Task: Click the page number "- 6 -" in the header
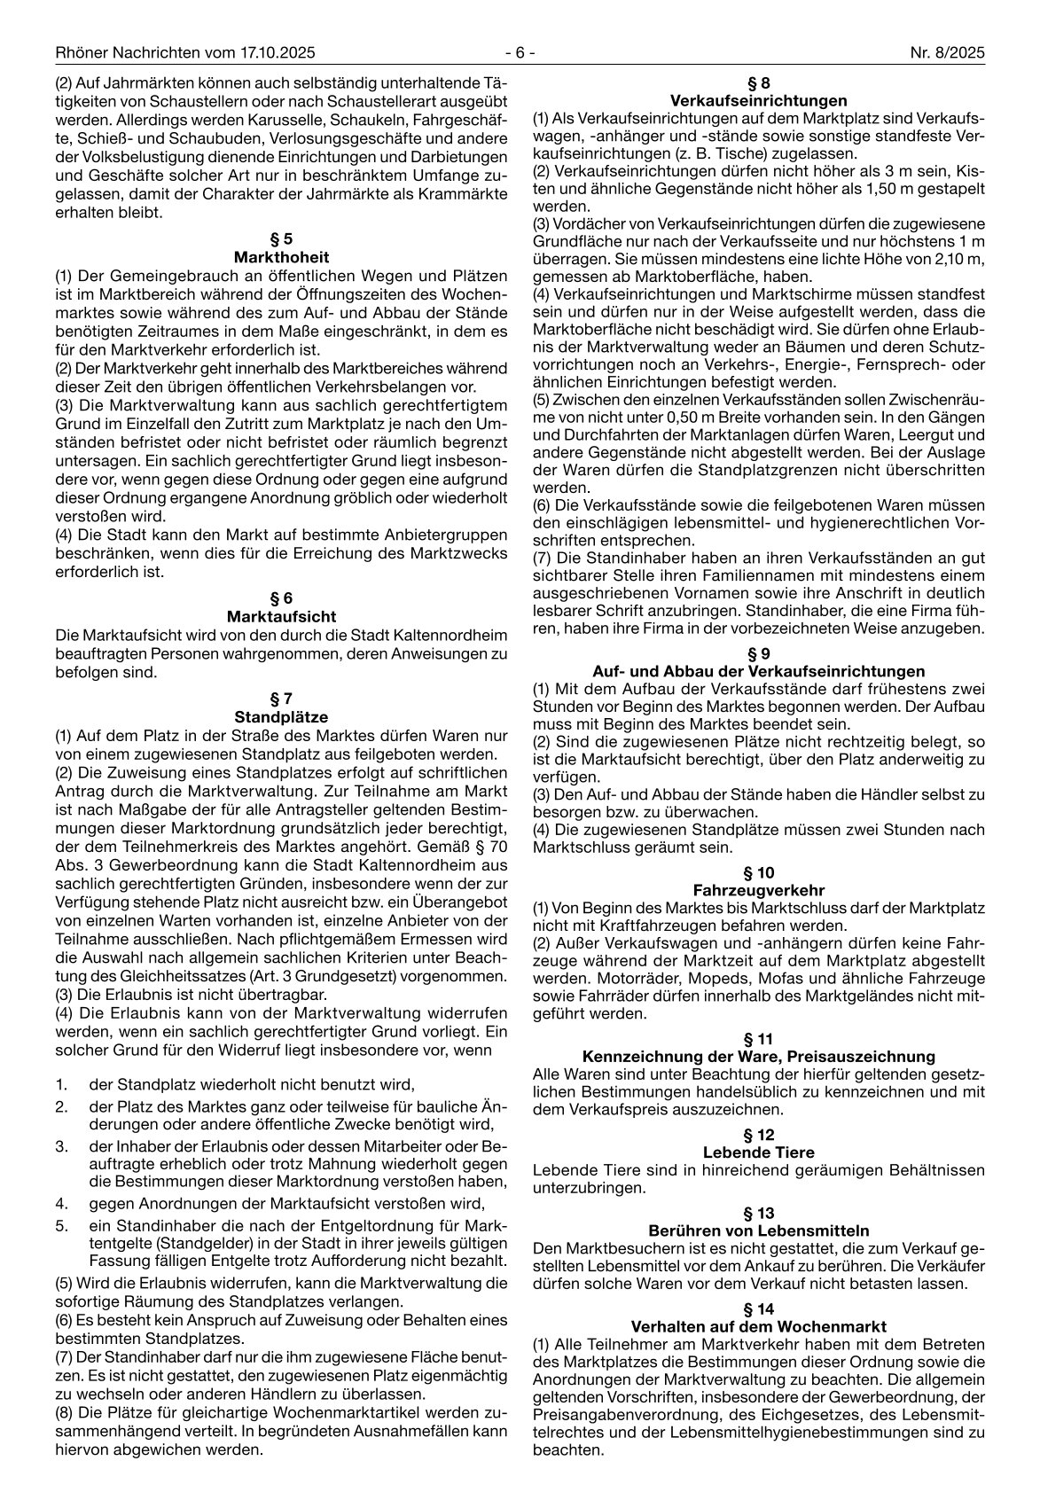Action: click(x=520, y=53)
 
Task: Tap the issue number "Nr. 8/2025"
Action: click(x=947, y=53)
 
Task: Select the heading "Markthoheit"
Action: click(x=281, y=256)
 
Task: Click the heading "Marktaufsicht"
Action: click(x=281, y=616)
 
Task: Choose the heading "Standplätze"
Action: click(x=281, y=716)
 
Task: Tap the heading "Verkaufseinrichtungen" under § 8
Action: click(x=758, y=100)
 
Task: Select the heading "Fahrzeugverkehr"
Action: click(x=758, y=890)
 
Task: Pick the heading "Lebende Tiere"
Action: click(x=758, y=1152)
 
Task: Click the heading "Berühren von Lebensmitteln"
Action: click(x=758, y=1230)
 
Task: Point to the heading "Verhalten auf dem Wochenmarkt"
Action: click(x=758, y=1327)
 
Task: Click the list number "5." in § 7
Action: click(x=61, y=1225)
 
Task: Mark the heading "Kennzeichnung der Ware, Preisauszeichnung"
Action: click(x=758, y=1056)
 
